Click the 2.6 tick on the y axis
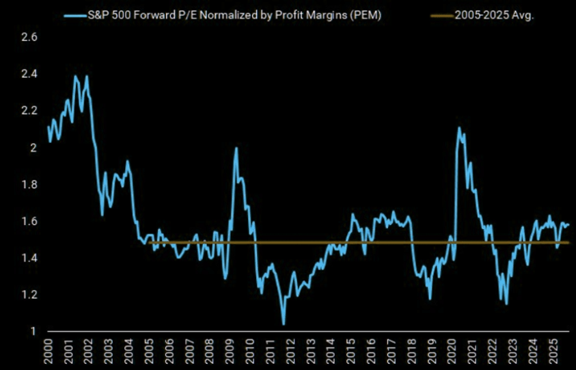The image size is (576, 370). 30,37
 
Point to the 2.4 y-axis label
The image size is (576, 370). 30,74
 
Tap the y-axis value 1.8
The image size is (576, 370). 30,184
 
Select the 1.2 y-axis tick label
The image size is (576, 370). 30,295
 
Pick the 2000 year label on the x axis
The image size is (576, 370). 48,352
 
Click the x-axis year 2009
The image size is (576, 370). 229,352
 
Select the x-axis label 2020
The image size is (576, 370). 450,352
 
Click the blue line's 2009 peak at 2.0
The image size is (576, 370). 236,148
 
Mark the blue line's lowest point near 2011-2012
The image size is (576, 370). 284,324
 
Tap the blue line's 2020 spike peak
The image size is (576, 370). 459,128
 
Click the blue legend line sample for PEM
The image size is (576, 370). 76,16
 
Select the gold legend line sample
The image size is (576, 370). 443,16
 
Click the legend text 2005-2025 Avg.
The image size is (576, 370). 494,15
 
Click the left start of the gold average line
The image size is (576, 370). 148,243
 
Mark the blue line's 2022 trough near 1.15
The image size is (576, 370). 506,304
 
